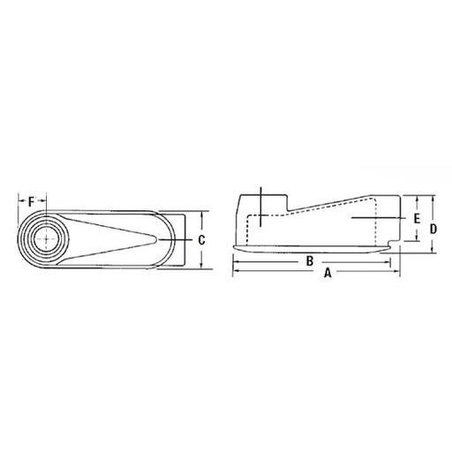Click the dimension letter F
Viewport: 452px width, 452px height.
(x=32, y=202)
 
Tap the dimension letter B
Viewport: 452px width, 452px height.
(x=309, y=261)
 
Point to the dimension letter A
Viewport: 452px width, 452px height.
(x=328, y=275)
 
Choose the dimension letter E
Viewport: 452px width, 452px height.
(x=416, y=216)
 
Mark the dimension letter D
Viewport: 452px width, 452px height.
(x=433, y=228)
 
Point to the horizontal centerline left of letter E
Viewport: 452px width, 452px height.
(x=375, y=216)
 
